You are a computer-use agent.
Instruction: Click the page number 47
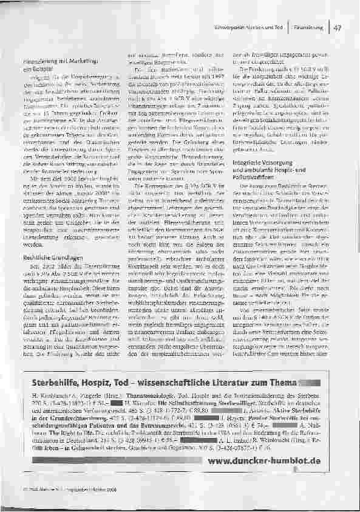[338, 28]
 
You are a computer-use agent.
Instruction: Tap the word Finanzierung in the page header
[306, 28]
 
